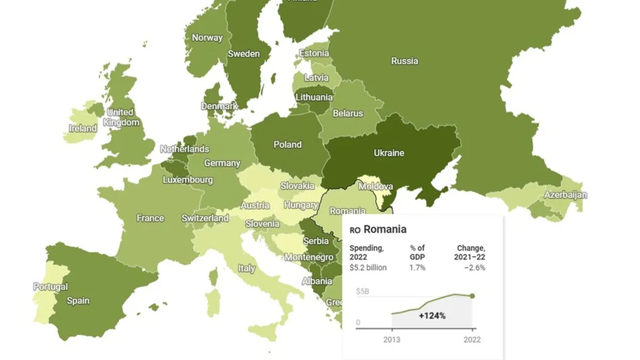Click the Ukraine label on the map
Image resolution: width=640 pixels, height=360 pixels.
(x=389, y=153)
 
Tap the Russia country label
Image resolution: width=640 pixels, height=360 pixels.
(x=404, y=61)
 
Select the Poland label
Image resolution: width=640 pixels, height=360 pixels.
(x=287, y=145)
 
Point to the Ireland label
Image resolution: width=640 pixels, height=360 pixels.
(x=83, y=129)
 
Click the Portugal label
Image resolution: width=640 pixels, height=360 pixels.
(x=51, y=287)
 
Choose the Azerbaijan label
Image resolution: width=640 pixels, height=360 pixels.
(x=565, y=195)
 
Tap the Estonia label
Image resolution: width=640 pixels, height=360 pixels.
(x=314, y=53)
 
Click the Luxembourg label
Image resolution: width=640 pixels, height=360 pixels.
(x=188, y=180)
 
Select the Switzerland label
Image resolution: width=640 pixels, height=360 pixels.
(x=205, y=218)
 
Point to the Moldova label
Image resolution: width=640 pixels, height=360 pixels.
(x=375, y=187)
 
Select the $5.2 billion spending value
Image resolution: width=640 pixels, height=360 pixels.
(x=368, y=267)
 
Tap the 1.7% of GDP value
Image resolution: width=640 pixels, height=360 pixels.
(x=417, y=267)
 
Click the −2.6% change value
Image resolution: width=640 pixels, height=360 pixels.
(x=474, y=267)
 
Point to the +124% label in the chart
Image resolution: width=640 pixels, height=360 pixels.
(x=432, y=316)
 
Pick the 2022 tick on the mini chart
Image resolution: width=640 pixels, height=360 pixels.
(x=471, y=339)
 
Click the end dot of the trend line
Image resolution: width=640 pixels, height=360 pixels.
(x=472, y=296)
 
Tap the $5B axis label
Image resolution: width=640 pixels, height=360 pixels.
(x=363, y=291)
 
